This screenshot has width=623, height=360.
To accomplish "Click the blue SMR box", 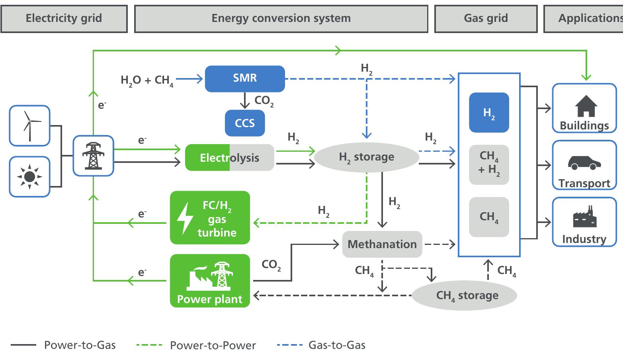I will (245, 78).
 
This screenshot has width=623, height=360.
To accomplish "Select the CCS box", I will (244, 123).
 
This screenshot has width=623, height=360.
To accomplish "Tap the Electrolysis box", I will (229, 158).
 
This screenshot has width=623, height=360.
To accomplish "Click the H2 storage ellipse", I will (367, 157).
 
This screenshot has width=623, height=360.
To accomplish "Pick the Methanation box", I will (382, 244).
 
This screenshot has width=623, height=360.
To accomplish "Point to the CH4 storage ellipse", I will (464, 295).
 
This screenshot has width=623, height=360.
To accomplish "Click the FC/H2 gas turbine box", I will (210, 218).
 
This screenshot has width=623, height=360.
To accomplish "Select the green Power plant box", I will (210, 281).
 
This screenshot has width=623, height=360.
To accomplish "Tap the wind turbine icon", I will (30, 125).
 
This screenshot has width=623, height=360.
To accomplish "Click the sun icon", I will (30, 176).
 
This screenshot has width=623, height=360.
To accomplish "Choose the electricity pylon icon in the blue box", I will (93, 156).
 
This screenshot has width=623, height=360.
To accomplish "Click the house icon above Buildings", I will (586, 106).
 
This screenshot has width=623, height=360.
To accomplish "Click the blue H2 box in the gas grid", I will (489, 113).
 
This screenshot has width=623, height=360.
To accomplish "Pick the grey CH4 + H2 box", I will (489, 164).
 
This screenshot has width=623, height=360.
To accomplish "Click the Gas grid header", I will (486, 18).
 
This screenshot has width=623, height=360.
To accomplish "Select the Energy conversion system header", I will (281, 18).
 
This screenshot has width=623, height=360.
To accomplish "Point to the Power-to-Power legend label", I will (213, 345).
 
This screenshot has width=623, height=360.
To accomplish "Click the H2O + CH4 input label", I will (147, 80).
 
